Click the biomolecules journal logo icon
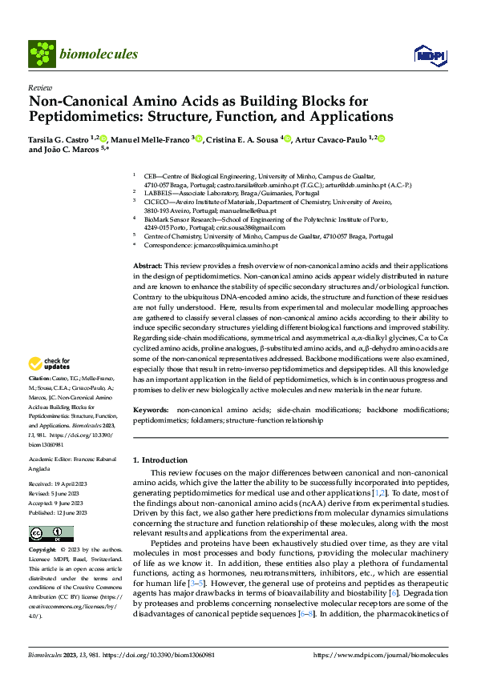click(x=41, y=54)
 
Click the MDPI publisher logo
click(x=426, y=54)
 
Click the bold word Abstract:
click(x=147, y=265)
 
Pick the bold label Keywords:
click(x=151, y=409)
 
